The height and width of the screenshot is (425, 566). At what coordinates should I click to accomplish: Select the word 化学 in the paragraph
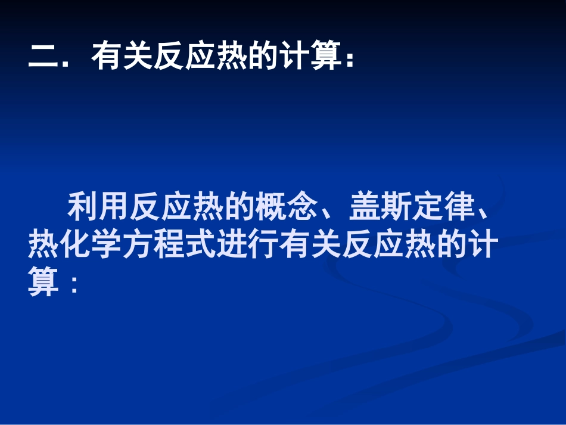click(91, 245)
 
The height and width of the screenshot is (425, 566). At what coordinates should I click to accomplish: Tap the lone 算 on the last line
click(43, 283)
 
